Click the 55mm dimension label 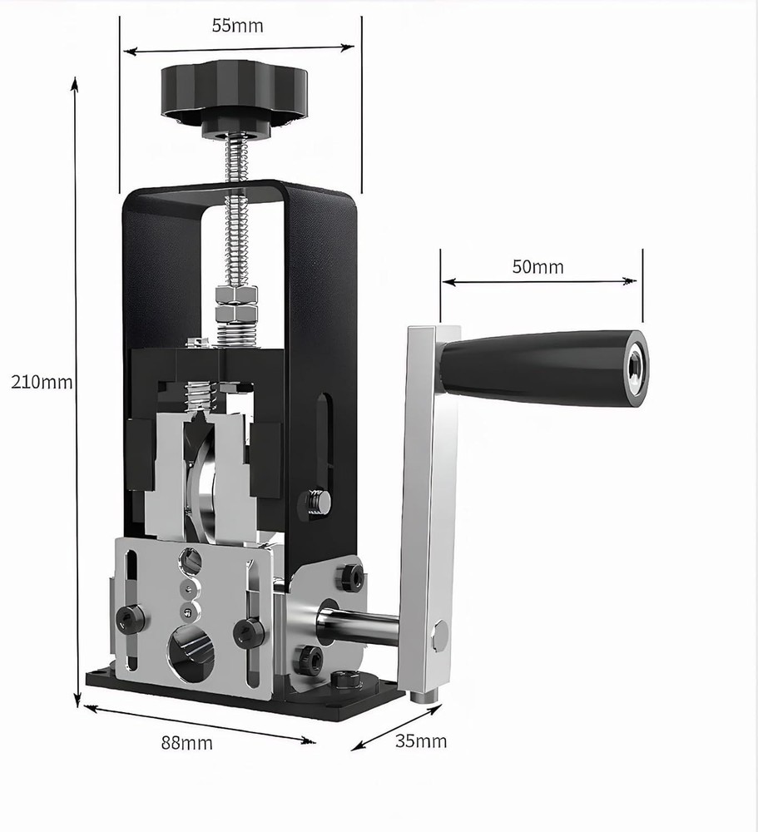tap(237, 26)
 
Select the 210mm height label tap(41, 383)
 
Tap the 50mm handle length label tap(538, 267)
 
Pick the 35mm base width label tap(420, 740)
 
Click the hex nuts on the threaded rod tap(236, 304)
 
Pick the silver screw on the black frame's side tap(317, 501)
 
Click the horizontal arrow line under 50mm tap(541, 282)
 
